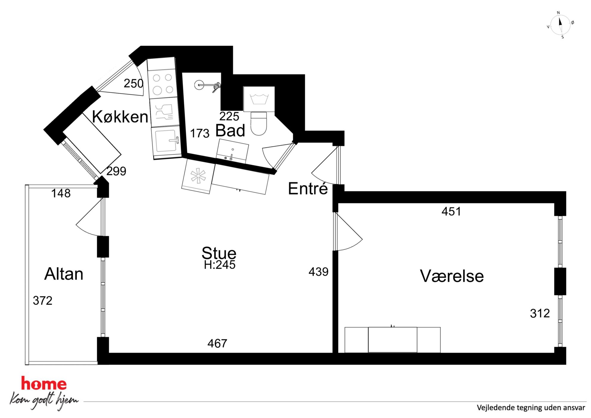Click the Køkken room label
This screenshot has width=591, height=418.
120,116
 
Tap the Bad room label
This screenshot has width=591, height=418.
230,130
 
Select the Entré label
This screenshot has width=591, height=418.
308,189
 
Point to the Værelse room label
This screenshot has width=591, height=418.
452,276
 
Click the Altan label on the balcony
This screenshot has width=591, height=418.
64,274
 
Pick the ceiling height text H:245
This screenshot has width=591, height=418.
220,265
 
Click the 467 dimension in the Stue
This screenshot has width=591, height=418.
217,344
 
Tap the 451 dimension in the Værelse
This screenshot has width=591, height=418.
451,212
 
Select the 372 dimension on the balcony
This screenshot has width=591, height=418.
43,301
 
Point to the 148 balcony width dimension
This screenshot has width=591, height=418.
61,193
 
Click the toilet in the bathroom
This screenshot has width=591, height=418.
259,123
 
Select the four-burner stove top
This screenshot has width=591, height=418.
163,84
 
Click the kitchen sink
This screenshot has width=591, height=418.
166,141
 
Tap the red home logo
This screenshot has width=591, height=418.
44,383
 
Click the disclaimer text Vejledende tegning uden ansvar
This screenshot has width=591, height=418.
531,408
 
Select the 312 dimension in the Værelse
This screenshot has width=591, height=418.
540,313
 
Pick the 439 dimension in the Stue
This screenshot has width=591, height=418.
318,272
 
